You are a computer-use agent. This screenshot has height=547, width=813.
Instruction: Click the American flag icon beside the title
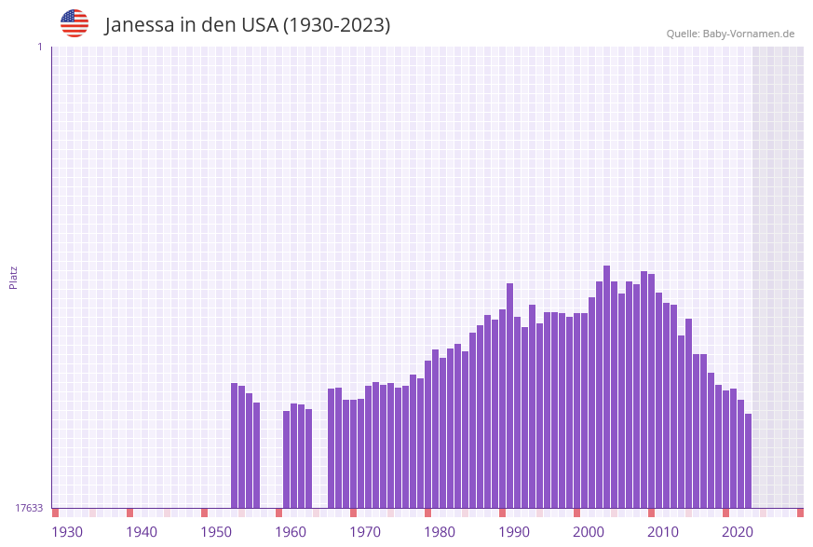click(x=75, y=23)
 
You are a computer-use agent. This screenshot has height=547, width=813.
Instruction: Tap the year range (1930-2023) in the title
click(x=336, y=25)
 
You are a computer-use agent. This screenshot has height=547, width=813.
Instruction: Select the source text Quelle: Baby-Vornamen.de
click(x=730, y=34)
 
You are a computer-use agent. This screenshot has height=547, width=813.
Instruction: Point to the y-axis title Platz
click(x=14, y=277)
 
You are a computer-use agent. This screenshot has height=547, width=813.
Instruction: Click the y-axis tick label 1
click(x=39, y=47)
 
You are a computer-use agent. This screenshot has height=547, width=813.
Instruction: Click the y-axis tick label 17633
click(x=29, y=508)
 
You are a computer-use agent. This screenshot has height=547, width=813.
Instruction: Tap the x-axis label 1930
click(x=67, y=532)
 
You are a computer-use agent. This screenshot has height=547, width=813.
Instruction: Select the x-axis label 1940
click(x=142, y=532)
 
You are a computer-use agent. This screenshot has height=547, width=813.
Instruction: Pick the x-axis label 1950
click(x=216, y=532)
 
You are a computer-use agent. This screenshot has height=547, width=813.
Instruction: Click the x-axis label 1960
click(x=291, y=532)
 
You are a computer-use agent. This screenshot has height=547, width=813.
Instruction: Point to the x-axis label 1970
click(x=365, y=532)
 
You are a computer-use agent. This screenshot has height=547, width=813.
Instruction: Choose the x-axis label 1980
click(x=440, y=532)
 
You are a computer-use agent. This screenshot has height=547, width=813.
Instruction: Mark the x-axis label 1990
click(x=514, y=532)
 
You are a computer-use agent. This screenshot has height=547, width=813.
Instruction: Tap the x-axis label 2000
click(x=589, y=532)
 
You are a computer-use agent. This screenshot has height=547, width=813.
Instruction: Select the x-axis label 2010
click(x=663, y=532)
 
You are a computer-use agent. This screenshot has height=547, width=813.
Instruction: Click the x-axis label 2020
click(x=738, y=532)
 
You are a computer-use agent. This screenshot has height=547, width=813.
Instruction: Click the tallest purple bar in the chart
click(x=606, y=387)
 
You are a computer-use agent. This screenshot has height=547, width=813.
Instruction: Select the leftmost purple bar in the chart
click(x=235, y=445)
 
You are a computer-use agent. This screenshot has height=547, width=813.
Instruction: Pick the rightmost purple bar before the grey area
click(x=748, y=460)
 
